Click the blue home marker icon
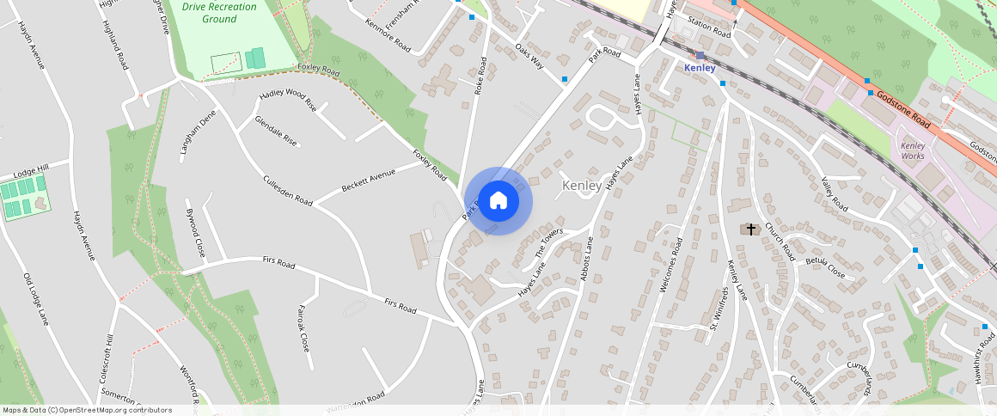tap(498, 201)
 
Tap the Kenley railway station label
tap(700, 67)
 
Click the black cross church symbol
tap(751, 229)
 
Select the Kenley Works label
tap(913, 151)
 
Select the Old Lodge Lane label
tap(36, 299)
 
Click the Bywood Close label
tap(195, 233)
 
